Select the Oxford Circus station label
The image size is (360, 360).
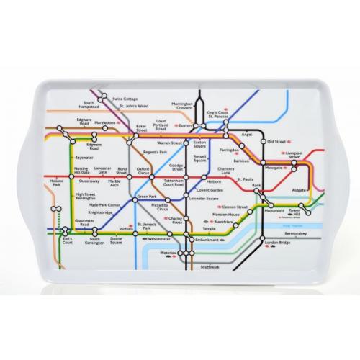(144, 173)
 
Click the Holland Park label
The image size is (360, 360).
(57, 184)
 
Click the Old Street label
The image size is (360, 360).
(276, 142)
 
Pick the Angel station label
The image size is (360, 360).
(248, 133)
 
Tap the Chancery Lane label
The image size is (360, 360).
(225, 171)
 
